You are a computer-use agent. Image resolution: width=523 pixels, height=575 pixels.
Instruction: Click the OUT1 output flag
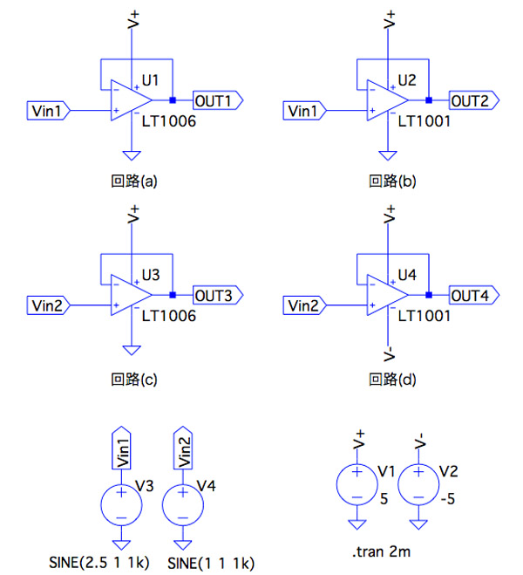217,101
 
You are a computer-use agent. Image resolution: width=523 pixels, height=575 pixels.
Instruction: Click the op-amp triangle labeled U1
125,101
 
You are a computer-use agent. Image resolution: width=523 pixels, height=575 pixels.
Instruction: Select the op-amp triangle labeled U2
381,101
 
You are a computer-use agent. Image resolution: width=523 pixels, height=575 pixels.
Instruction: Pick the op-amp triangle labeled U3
125,297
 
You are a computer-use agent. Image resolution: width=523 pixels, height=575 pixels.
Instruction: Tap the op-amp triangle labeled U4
381,297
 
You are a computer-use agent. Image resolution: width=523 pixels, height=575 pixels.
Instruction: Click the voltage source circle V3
120,503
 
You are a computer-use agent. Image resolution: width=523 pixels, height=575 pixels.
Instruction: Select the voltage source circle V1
357,483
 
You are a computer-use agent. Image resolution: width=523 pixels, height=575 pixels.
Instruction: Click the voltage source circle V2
419,483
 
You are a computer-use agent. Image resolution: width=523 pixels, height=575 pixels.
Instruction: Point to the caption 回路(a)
133,182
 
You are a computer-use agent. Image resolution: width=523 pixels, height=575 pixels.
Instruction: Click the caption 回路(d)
390,379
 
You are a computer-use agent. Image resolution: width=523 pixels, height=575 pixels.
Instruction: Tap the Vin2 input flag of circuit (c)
46,305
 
